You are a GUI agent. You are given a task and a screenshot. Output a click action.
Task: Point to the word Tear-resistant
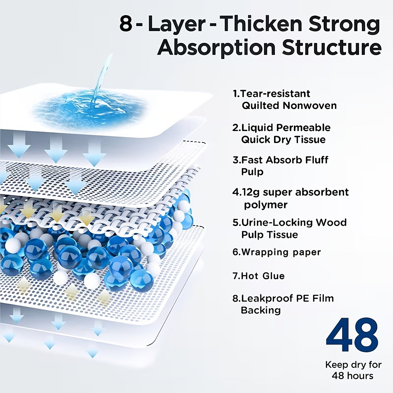(275, 93)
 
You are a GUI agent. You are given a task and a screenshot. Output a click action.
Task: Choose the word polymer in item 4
(266, 205)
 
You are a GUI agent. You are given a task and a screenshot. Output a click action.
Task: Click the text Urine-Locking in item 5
(277, 222)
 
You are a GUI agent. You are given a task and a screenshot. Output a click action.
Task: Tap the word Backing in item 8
(261, 310)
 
